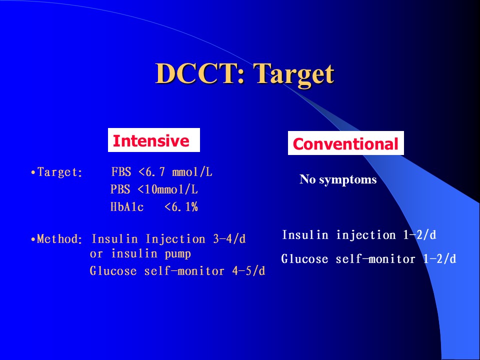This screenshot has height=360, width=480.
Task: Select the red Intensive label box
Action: (153, 140)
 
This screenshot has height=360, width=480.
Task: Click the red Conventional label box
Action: (345, 143)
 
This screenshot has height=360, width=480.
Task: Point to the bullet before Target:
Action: (33, 172)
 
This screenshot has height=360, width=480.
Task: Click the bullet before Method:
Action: (33, 239)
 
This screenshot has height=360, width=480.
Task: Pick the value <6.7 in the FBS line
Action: (152, 171)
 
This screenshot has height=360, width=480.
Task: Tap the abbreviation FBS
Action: (121, 171)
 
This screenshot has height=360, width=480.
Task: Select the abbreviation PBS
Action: (120, 189)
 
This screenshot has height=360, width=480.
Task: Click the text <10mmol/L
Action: (168, 189)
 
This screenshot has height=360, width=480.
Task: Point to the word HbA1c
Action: (126, 207)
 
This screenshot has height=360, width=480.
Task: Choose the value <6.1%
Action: (181, 207)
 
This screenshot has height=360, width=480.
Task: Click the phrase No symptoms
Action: (338, 179)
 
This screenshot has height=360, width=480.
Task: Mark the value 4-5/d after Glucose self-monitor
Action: (248, 271)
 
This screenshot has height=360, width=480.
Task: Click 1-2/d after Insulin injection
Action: (419, 235)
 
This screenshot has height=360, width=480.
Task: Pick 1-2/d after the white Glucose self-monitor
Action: (440, 259)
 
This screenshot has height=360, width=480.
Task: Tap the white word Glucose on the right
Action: (304, 259)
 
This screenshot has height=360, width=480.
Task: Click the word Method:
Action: (59, 239)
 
